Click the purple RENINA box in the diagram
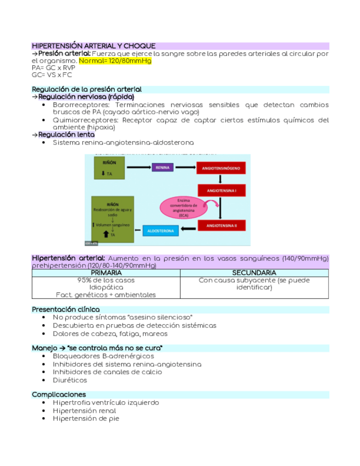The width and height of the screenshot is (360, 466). pos(162,167)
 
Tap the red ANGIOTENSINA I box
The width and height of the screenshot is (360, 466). pos(220,191)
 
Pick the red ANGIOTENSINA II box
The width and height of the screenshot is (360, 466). pos(220,225)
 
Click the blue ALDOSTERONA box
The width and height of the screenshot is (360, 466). pos(160,231)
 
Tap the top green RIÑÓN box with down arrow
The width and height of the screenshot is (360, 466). pos(112,168)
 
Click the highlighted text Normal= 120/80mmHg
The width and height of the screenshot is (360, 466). pos(115,61)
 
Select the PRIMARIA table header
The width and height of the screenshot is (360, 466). pos(106,273)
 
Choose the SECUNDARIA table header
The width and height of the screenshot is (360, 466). pos(254,273)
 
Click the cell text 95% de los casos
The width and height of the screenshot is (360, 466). pos(106,280)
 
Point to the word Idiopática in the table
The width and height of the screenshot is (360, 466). pos(106,287)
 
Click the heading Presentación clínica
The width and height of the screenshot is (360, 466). pos(66,309)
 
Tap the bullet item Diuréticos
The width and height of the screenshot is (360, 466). pos(70,380)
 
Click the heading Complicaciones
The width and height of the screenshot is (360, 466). pos(59,395)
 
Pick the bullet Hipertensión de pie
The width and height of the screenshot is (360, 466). pos(86,418)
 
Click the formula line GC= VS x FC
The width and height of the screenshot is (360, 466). pos(52,75)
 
